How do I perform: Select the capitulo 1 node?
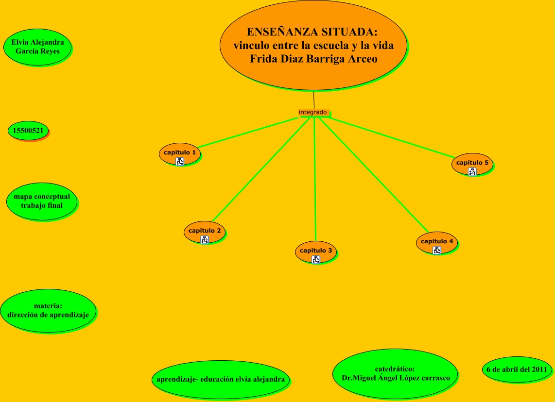coord(179,152)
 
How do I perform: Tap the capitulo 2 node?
coord(205,231)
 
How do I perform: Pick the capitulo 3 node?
coord(316,251)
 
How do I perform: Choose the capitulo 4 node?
coord(437,241)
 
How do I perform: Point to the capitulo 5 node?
coord(472,163)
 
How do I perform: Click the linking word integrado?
coord(312,112)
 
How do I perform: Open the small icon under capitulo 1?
coord(180,162)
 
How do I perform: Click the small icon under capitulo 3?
coord(316,260)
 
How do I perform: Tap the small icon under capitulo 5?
coord(472,171)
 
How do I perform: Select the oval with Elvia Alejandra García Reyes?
coord(37,47)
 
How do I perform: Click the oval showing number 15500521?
coord(29,131)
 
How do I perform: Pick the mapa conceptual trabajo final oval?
coord(42,201)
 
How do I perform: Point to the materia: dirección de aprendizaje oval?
coord(48,310)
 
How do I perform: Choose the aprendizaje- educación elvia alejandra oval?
coord(221,379)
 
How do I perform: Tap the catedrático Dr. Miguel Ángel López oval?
coord(394,373)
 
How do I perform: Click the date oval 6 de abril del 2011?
coord(517,369)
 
